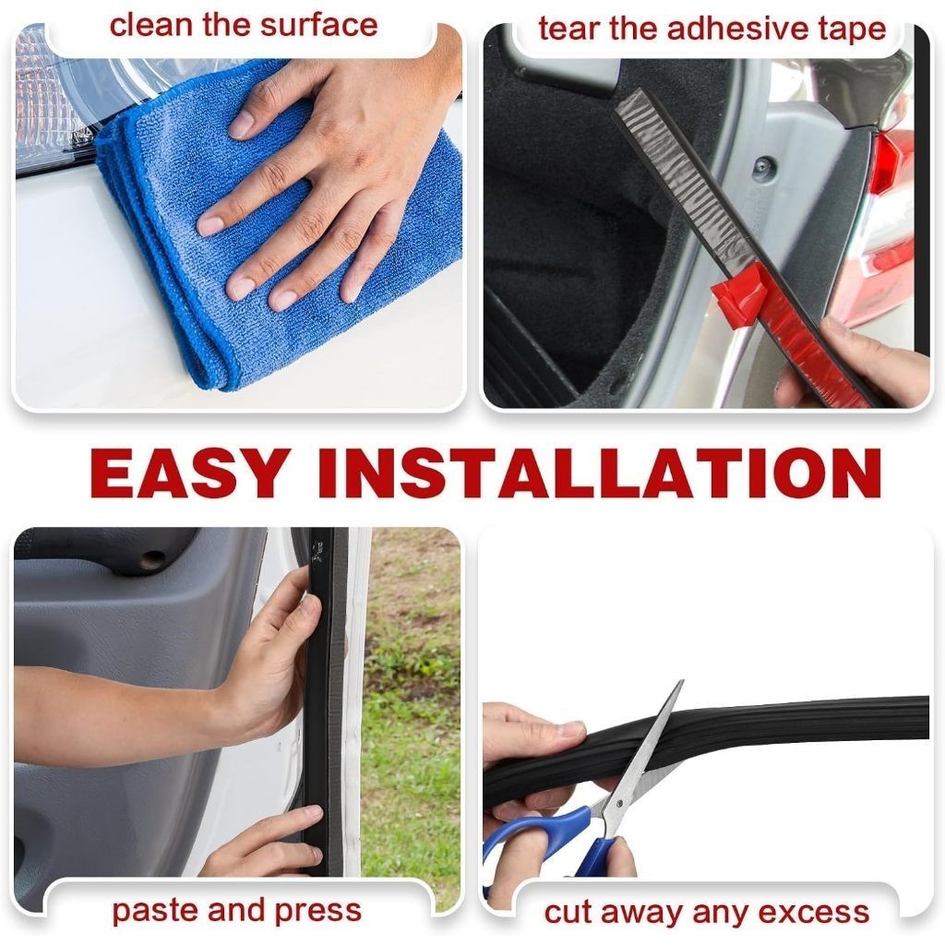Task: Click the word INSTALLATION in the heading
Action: pyautogui.click(x=600, y=473)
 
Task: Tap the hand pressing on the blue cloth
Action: pyautogui.click(x=326, y=174)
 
